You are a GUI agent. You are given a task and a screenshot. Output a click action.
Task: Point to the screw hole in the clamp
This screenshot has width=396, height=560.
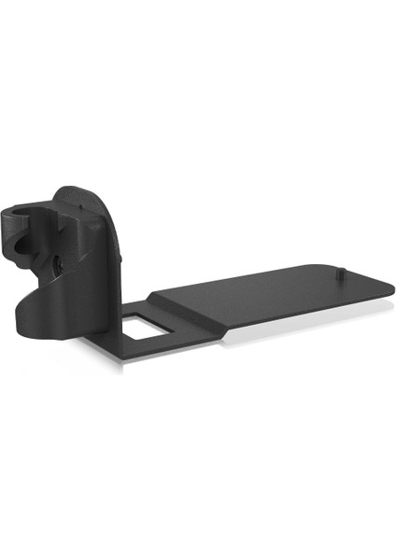[57, 265]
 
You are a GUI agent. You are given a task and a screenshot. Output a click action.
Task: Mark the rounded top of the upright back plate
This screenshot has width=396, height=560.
[85, 195]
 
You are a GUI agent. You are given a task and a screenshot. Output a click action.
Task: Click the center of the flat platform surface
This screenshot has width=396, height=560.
[271, 297]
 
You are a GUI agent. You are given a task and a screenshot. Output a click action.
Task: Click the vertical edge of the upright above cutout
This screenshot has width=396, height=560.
[118, 280]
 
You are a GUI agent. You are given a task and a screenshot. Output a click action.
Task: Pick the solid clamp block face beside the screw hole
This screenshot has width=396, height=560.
[79, 271]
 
